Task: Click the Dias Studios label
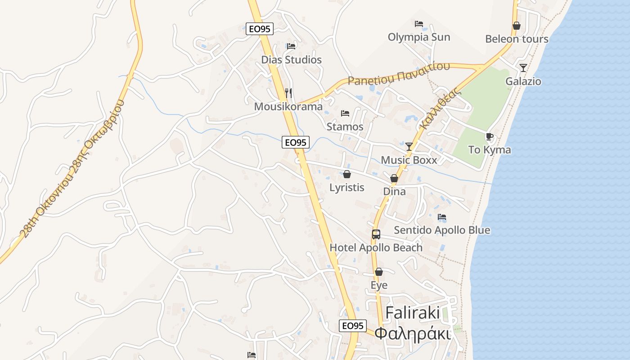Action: [x=292, y=60]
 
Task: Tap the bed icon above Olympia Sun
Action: [x=419, y=23]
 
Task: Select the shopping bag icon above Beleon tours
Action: [x=517, y=26]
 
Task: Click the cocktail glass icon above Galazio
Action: [x=523, y=68]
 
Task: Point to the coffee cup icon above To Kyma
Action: [x=490, y=136]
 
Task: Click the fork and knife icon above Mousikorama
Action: [x=288, y=93]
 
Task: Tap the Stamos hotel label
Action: [x=345, y=126]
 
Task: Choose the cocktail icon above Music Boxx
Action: [x=409, y=146]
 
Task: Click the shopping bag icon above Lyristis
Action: [x=347, y=174]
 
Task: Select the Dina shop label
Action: [x=394, y=191]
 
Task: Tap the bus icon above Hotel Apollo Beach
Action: [x=376, y=234]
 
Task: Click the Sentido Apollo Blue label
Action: [x=442, y=230]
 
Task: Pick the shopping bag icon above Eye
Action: [x=379, y=272]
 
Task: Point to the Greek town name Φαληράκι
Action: [x=413, y=334]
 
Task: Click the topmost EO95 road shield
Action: [x=260, y=29]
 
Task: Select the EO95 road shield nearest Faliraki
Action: [x=353, y=326]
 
